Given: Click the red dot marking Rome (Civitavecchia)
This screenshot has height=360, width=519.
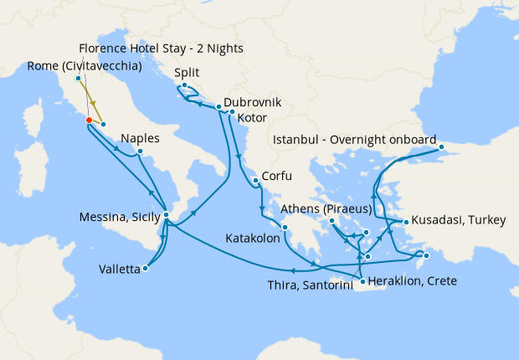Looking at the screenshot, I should (x=88, y=120).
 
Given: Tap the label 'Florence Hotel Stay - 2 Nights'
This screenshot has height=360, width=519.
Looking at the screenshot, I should (x=161, y=49).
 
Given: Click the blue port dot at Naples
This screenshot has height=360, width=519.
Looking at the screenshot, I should (x=140, y=152).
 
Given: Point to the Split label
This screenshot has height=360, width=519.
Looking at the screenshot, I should (x=188, y=73).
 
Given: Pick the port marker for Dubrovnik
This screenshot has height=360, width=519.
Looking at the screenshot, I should (x=218, y=107).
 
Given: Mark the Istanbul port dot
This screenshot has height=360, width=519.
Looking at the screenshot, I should (x=444, y=153).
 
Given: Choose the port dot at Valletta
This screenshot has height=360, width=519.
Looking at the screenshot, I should (x=146, y=269).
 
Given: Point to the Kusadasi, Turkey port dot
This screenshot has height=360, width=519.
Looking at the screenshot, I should (x=406, y=222).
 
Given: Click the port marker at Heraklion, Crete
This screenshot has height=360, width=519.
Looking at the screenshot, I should (x=362, y=281).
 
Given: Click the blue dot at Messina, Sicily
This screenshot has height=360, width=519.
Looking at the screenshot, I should (x=167, y=215).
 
